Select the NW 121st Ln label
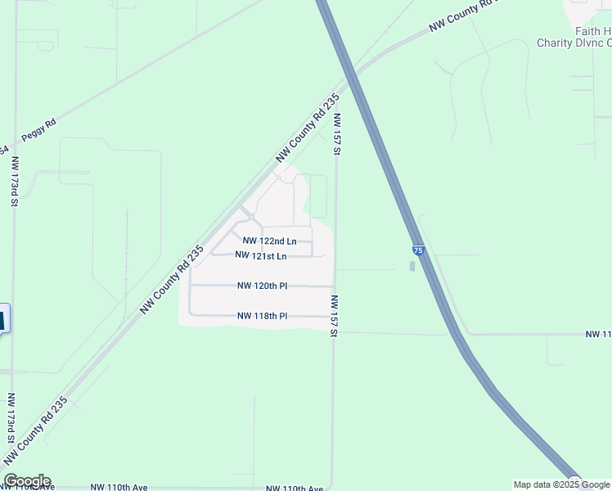point(261,256)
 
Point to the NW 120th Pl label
point(262,286)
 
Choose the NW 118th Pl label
point(262,316)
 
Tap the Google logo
point(26,481)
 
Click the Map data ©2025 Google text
point(561,484)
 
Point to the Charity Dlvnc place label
point(574,43)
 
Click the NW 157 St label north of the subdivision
point(336,134)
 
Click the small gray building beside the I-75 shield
point(411,266)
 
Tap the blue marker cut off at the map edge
point(3,318)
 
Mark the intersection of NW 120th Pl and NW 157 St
point(333,286)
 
